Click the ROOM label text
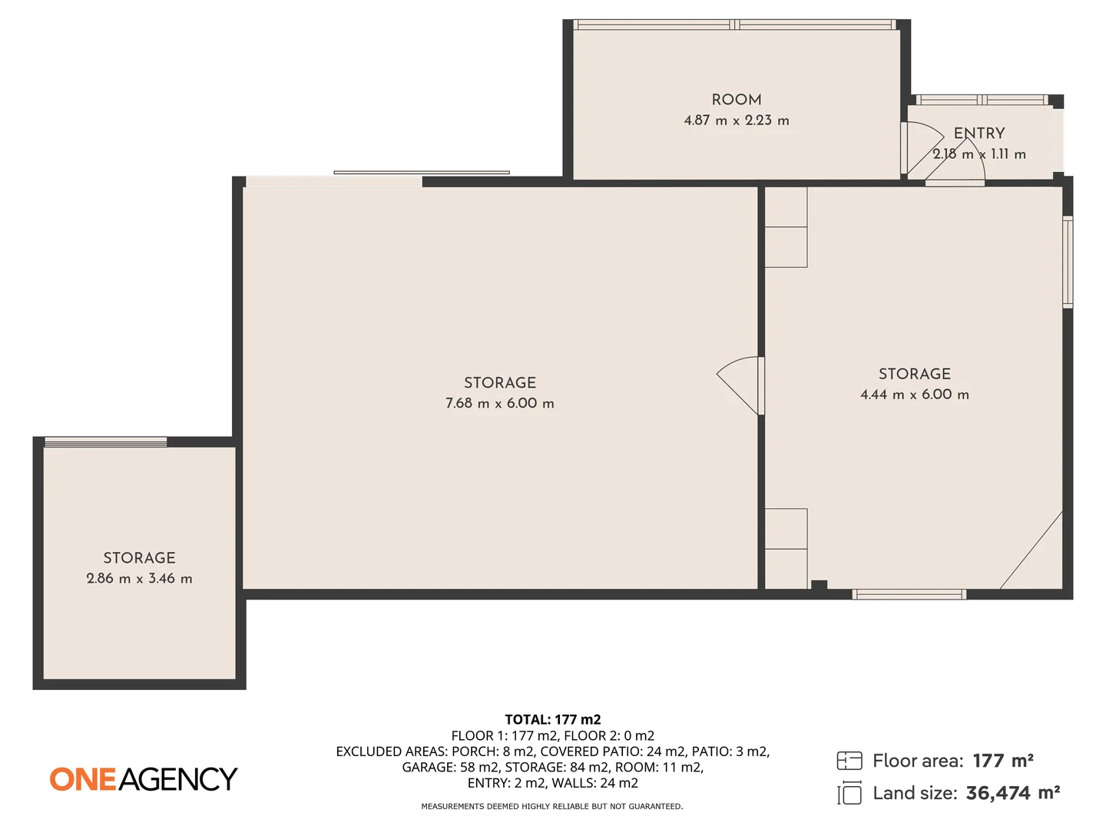click(736, 100)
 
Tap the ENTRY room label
click(979, 134)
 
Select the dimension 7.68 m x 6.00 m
click(499, 403)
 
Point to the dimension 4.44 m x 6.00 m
click(914, 395)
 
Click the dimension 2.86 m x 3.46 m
click(139, 579)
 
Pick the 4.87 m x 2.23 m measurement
click(736, 121)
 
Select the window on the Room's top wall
click(735, 25)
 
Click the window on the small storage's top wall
click(105, 441)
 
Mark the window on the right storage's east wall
click(1067, 262)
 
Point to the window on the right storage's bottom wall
click(909, 594)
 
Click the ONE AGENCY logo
click(144, 779)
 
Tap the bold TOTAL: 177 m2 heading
click(552, 719)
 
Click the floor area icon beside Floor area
click(849, 761)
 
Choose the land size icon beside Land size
click(849, 793)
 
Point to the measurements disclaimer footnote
click(551, 807)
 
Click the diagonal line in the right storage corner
click(1031, 550)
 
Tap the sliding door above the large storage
click(421, 173)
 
